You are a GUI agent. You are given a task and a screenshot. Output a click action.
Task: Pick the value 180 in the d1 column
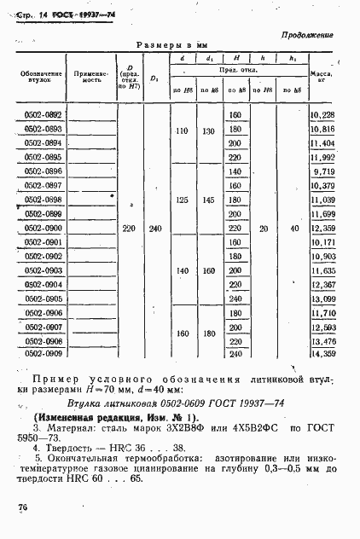pyautogui.click(x=208, y=333)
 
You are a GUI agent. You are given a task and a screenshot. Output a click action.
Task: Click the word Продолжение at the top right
pyautogui.click(x=305, y=34)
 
